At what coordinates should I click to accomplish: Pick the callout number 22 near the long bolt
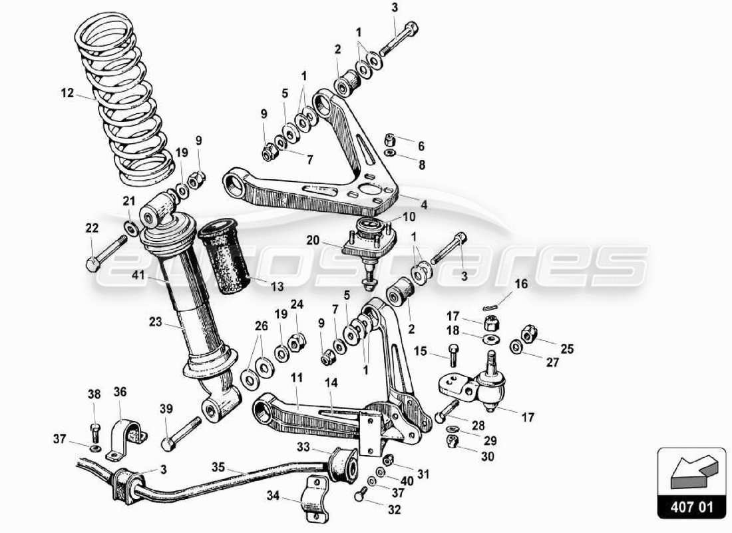click(x=92, y=229)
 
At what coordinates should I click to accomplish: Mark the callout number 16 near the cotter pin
click(x=520, y=284)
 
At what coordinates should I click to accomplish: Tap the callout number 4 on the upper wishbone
click(x=424, y=205)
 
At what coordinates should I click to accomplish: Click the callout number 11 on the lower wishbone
click(x=297, y=377)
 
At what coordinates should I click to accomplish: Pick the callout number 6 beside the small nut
click(x=421, y=146)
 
